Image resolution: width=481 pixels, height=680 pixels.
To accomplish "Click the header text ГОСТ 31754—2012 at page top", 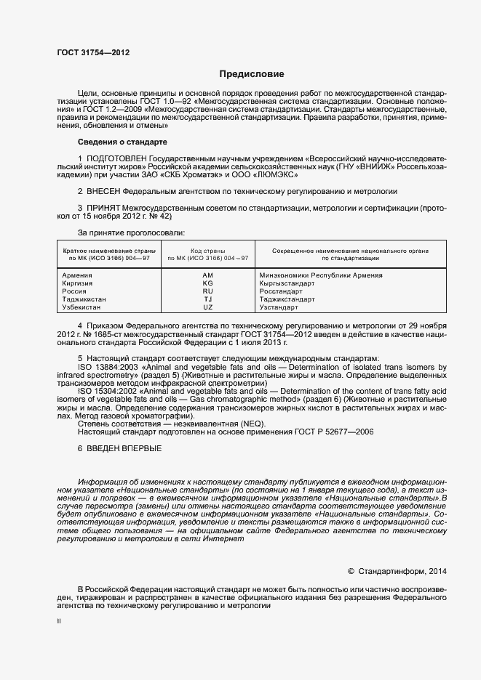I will click(93, 52).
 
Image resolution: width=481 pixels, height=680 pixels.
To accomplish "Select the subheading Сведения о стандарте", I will click(122, 141).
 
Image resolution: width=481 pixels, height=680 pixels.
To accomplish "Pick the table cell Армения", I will click(77, 275).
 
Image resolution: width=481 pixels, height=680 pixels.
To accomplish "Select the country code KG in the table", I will click(207, 283).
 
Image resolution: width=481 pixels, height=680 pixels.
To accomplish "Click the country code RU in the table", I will click(207, 291).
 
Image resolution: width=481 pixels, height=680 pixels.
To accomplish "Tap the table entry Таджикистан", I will click(84, 299).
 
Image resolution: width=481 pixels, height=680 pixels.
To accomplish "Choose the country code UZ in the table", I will click(207, 307).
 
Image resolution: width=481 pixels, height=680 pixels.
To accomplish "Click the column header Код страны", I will click(207, 250).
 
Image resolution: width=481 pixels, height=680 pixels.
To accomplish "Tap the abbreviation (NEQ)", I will click(253, 424).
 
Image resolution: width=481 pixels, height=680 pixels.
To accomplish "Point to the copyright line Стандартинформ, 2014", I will click(402, 570).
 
